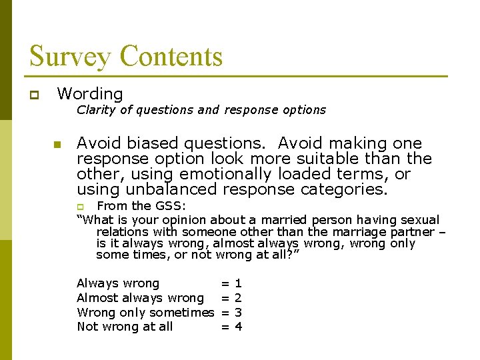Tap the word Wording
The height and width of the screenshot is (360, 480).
tap(90, 94)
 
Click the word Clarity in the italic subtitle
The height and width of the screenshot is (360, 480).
tap(95, 110)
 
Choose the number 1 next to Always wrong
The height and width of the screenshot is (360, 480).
tap(238, 284)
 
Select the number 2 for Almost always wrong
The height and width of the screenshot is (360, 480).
tap(238, 298)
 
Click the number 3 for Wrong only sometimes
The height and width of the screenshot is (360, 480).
tap(238, 312)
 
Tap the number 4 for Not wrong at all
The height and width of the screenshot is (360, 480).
tap(238, 327)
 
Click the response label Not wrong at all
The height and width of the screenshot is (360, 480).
tap(125, 327)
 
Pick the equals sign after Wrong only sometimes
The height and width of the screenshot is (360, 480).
tap(225, 312)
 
